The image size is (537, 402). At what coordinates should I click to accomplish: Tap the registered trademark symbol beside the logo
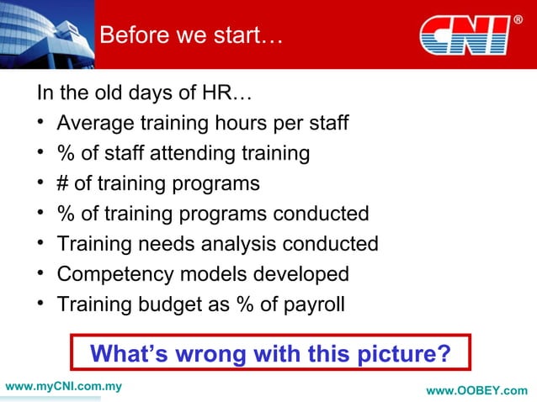click(x=518, y=19)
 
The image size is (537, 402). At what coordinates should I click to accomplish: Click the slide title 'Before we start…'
click(x=192, y=36)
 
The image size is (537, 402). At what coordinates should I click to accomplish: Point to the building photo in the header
click(x=46, y=34)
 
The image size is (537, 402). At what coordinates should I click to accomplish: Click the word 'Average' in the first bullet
click(x=94, y=124)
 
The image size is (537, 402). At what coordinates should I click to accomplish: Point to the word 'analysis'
click(x=242, y=244)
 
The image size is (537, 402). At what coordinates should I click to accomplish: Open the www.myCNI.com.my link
click(x=64, y=387)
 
